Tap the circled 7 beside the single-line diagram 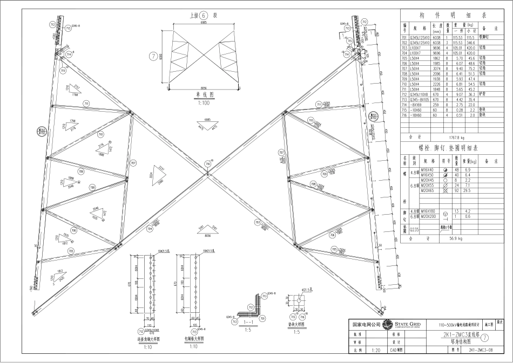click(153, 56)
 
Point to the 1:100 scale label click(203, 101)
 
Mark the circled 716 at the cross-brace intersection click(207, 163)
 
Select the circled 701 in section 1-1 click(263, 318)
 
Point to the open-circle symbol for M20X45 click(445, 181)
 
